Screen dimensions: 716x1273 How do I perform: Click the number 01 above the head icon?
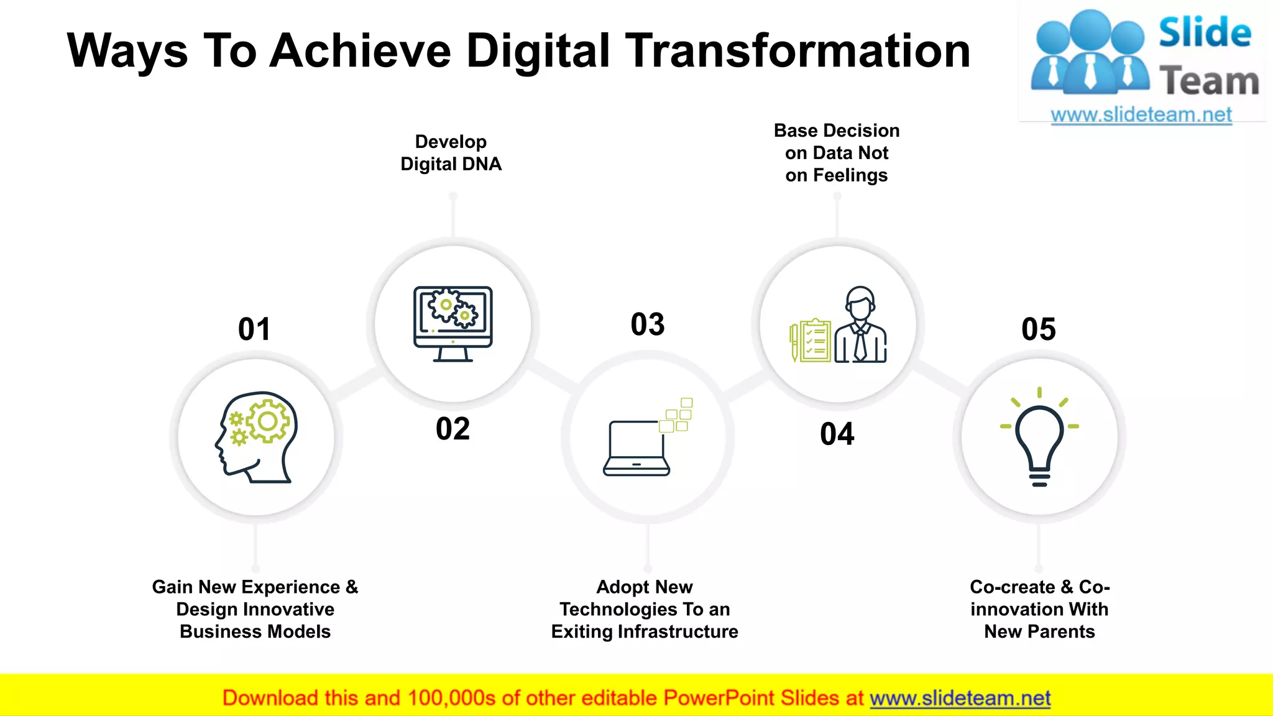(x=254, y=329)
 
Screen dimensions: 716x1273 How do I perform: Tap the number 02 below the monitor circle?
(x=453, y=429)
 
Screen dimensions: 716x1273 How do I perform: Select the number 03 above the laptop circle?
(x=648, y=324)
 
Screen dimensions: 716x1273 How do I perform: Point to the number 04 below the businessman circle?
(x=837, y=434)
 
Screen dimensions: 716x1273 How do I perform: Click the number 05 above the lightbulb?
(x=1038, y=329)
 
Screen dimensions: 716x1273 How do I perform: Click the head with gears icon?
(x=257, y=437)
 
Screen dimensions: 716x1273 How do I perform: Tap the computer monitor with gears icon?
(x=453, y=324)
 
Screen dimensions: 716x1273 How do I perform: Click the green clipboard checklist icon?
(x=811, y=340)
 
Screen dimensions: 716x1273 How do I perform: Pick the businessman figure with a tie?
(x=861, y=326)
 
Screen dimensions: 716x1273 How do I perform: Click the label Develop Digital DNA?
(x=451, y=153)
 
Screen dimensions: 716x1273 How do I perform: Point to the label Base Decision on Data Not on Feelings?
(x=836, y=153)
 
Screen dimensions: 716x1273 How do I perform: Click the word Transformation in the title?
(x=797, y=51)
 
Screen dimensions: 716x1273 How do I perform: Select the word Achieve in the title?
(x=360, y=51)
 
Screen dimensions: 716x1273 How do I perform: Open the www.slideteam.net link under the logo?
(x=1141, y=115)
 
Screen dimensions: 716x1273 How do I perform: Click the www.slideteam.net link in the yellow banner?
(x=960, y=698)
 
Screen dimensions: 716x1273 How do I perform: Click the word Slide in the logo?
(x=1204, y=32)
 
